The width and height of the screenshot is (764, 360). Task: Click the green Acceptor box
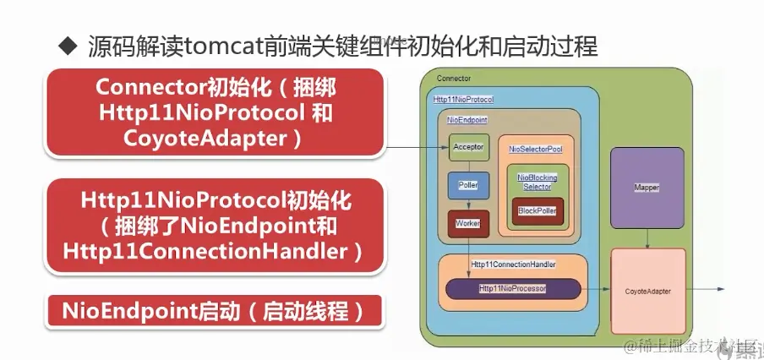[x=469, y=147]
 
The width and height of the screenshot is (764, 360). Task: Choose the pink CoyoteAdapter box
[x=648, y=291]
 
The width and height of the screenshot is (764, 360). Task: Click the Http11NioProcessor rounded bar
[x=513, y=288]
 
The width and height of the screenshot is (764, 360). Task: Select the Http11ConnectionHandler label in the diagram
[x=513, y=265]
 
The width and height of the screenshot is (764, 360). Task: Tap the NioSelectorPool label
[x=536, y=149]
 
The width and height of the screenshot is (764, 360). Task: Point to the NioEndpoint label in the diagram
[x=467, y=121]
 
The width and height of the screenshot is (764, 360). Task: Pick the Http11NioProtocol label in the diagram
[x=462, y=100]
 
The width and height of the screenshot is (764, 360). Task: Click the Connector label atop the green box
[x=454, y=79]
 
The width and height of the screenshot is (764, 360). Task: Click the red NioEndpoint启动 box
[x=214, y=311]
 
